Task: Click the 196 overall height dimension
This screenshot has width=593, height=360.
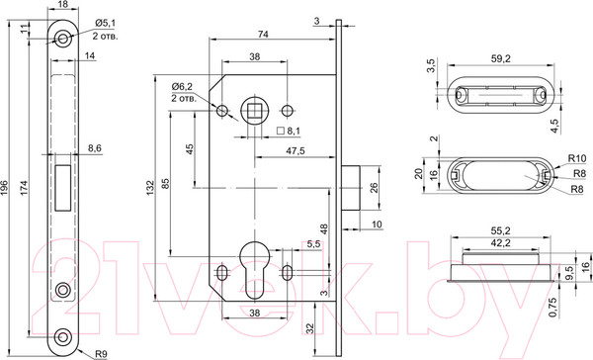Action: coord(5,188)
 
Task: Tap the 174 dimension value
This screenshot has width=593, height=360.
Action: coord(24,188)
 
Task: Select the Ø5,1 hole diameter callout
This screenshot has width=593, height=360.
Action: coord(105,23)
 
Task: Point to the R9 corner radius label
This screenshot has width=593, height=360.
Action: coord(101,354)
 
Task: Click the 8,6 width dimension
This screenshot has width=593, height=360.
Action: coord(95,148)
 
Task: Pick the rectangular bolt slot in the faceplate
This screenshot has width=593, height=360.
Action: coord(63,188)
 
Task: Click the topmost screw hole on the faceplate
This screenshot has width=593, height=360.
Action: coord(63,39)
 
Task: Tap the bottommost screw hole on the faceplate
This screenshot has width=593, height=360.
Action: coord(63,336)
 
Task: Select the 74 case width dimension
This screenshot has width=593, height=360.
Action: coord(263,34)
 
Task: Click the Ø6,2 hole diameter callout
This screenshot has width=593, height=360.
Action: coord(182,87)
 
